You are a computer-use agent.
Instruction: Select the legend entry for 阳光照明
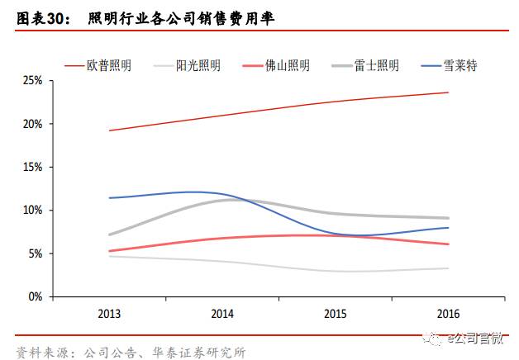tap(198, 65)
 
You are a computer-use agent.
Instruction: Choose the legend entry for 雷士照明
tap(377, 65)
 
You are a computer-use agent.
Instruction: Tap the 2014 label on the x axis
tap(221, 314)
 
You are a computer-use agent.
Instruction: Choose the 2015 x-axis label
tap(335, 314)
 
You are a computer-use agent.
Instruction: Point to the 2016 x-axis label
tap(448, 314)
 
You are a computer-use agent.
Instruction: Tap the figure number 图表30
tap(40, 17)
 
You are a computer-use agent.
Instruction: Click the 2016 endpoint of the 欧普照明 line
tap(448, 92)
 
